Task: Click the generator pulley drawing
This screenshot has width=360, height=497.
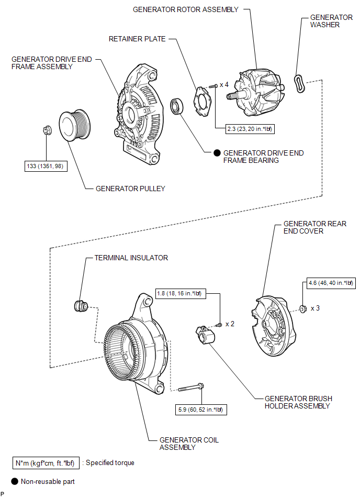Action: [75, 126]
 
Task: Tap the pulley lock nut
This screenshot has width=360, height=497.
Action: [47, 130]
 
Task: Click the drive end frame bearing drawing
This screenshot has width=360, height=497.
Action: [177, 106]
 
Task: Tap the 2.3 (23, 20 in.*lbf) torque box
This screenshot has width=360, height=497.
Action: [250, 129]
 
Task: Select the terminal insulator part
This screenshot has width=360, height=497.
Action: [81, 305]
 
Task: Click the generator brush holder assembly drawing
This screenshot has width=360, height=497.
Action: [206, 335]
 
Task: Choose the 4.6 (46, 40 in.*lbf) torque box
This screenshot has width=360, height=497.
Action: [331, 283]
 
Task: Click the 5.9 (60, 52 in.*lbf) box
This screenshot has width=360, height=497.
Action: [201, 410]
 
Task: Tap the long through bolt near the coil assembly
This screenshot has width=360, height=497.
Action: [191, 388]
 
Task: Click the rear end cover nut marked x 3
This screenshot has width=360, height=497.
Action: [303, 308]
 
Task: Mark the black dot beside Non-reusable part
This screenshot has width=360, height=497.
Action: [15, 481]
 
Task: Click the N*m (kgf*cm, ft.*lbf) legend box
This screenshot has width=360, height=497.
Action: [46, 463]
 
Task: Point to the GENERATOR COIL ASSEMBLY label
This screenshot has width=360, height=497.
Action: [189, 444]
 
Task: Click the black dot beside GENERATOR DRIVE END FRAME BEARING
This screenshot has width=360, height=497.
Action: [217, 153]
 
